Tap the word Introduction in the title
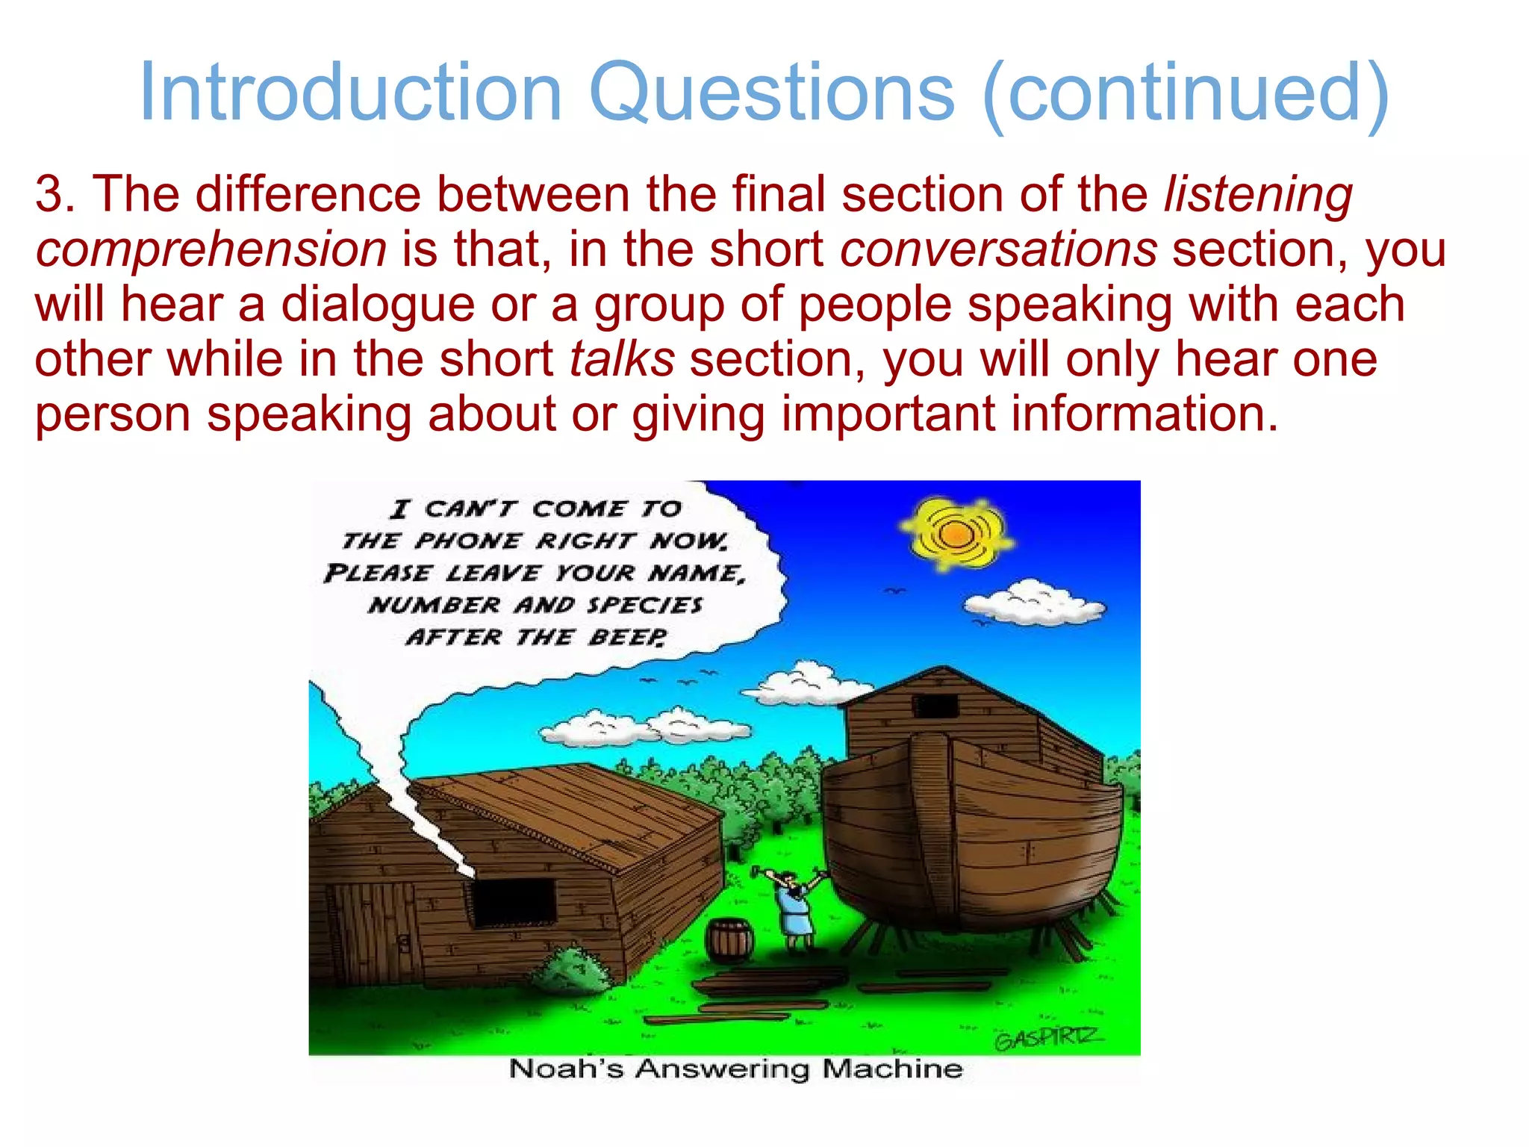[x=350, y=93]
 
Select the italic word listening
[x=1258, y=194]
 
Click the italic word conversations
[x=998, y=249]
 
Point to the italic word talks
[x=622, y=359]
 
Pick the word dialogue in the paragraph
[x=377, y=305]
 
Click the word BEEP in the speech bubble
[x=627, y=638]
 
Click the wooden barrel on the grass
[x=729, y=940]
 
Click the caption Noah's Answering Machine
[x=735, y=1069]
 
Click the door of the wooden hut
[x=373, y=933]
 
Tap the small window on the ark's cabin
[x=934, y=706]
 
